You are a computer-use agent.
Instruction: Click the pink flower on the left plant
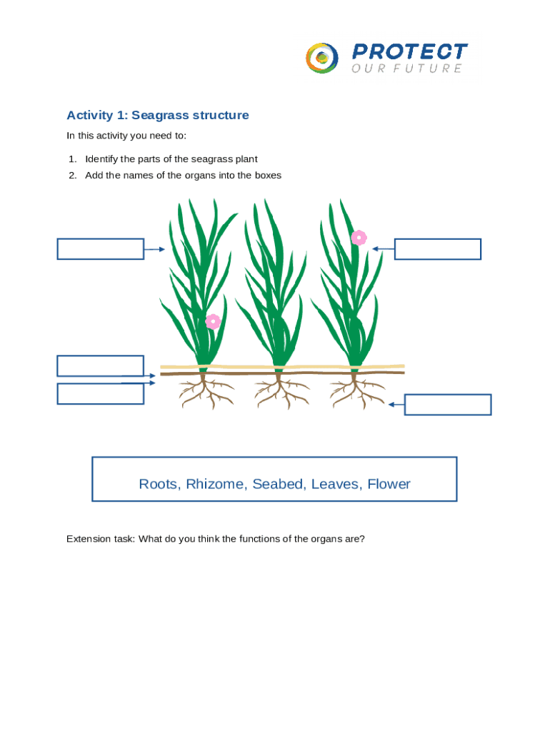coord(213,321)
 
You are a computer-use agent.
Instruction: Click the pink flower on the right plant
coord(359,238)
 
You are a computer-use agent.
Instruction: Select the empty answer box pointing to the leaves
coord(101,249)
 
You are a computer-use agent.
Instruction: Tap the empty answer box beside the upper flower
coord(437,249)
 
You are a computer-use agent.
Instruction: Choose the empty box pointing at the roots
coord(448,405)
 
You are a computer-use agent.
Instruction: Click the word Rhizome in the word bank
coord(214,484)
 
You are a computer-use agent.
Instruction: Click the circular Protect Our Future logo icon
coord(322,57)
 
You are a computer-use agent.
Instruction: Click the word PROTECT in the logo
coord(409,51)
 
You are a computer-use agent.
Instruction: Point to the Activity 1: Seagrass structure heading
coord(158,115)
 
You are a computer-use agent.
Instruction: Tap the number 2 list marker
coord(72,175)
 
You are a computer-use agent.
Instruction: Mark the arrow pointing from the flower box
coord(383,249)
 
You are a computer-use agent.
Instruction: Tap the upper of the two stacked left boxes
coord(101,365)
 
